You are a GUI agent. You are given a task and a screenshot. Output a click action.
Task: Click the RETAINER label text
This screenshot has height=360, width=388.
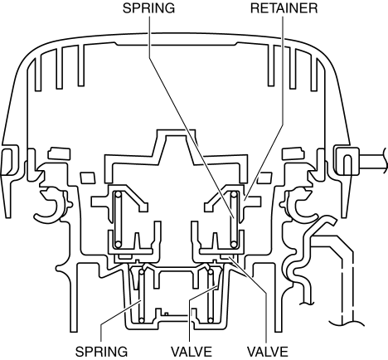284,8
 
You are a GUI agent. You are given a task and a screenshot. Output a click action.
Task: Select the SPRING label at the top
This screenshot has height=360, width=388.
148,8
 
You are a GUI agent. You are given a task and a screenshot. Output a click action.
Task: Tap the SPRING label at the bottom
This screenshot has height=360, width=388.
101,352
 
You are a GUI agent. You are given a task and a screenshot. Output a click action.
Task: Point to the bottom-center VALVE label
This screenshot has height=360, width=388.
192,352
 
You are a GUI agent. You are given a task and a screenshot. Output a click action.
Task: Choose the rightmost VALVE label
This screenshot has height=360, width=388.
267,352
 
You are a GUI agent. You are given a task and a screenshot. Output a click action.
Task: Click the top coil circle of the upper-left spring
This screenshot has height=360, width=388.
119,195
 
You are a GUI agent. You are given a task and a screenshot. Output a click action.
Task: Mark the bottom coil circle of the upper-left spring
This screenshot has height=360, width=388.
119,245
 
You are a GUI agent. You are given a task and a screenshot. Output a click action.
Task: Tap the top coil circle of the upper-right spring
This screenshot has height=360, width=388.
235,195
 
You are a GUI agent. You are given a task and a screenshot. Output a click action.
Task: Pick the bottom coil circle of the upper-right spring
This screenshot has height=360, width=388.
235,245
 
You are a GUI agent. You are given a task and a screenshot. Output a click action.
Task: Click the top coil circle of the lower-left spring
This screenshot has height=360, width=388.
142,272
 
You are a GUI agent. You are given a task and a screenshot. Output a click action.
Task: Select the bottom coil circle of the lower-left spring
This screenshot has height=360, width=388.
142,321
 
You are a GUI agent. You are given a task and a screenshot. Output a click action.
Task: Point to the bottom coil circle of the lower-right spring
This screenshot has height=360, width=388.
211,321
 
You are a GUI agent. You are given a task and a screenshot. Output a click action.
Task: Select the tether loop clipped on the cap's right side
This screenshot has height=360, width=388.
347,161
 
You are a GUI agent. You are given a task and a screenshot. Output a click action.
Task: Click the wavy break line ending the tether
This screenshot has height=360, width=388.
385,161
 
